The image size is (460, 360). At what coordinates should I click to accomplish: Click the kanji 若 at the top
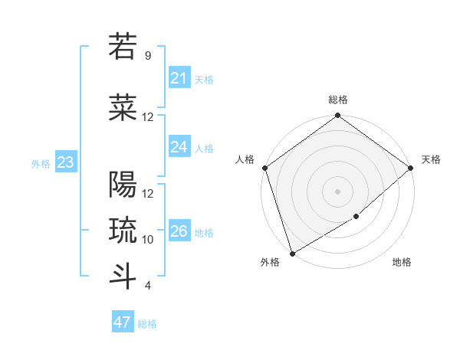point(123,47)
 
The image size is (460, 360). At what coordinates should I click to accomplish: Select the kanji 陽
point(123,185)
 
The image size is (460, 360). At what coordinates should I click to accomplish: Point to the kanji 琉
point(123,230)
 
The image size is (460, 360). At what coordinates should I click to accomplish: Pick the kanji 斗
point(123,276)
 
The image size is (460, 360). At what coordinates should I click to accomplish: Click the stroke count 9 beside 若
point(147,56)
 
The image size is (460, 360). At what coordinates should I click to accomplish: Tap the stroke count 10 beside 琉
point(148,240)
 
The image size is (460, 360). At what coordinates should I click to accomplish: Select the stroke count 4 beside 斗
point(147,286)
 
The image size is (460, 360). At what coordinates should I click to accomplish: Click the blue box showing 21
point(179,78)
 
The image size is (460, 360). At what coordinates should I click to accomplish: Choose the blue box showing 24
point(179,147)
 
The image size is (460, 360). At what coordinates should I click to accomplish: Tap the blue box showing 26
point(179,231)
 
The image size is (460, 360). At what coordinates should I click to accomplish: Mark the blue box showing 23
point(65,162)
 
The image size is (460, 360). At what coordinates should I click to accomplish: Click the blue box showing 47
point(123,322)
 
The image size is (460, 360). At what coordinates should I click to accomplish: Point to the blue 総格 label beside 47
point(147,324)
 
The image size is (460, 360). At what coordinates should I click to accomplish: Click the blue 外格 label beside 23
point(41,163)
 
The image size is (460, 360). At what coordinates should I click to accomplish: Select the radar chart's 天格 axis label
point(431,159)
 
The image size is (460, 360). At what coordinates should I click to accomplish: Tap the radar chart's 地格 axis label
point(402,262)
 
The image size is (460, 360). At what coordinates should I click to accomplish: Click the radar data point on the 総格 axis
point(338,116)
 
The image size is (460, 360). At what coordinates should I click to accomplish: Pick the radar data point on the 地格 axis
point(356,217)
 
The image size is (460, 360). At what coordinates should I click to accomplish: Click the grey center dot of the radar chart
point(338,191)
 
